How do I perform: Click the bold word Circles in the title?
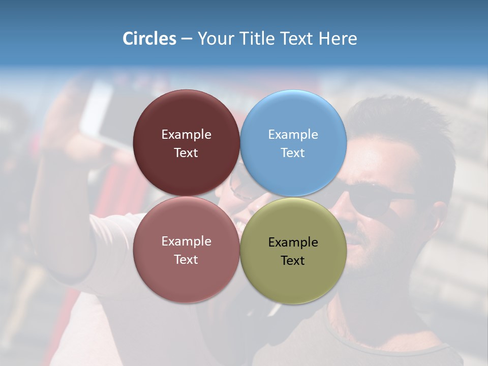pyautogui.click(x=149, y=39)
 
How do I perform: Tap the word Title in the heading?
pyautogui.click(x=253, y=39)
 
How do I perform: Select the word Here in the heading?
pyautogui.click(x=338, y=39)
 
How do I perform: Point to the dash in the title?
pyautogui.click(x=187, y=39)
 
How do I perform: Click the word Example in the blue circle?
pyautogui.click(x=293, y=135)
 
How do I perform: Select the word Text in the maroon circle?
pyautogui.click(x=186, y=153)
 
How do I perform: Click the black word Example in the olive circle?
pyautogui.click(x=293, y=242)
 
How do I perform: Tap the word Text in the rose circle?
pyautogui.click(x=186, y=260)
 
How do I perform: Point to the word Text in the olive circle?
pyautogui.click(x=293, y=261)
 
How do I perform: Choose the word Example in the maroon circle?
pyautogui.click(x=186, y=135)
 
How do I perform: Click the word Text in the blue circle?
pyautogui.click(x=293, y=153)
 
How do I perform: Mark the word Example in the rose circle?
pyautogui.click(x=186, y=241)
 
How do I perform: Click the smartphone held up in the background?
pyautogui.click(x=104, y=114)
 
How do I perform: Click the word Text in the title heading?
pyautogui.click(x=295, y=39)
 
